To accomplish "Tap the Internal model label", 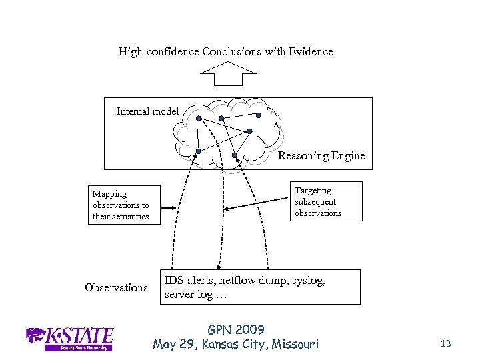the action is [147, 111].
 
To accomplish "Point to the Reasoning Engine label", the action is [321, 156].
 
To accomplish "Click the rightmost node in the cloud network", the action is [249, 131].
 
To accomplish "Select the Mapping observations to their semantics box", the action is [127, 205].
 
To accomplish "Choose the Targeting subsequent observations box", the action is [325, 201].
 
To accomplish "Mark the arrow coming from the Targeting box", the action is [253, 207].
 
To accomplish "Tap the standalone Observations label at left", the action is [116, 287].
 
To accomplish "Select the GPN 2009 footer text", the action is [236, 329].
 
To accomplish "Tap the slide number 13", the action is [446, 343].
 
